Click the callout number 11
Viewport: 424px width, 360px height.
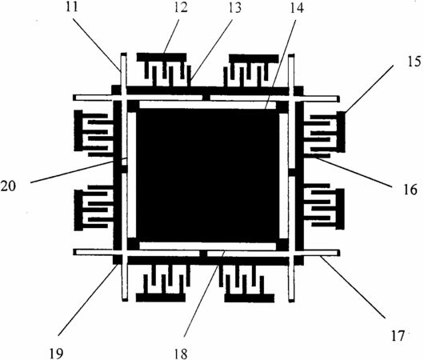pyautogui.click(x=72, y=6)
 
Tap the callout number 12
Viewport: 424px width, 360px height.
pyautogui.click(x=181, y=7)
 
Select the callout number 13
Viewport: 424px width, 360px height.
pyautogui.click(x=234, y=7)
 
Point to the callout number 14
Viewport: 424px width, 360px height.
pyautogui.click(x=297, y=8)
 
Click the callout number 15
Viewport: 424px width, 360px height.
pyautogui.click(x=414, y=62)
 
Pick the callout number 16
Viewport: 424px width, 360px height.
pyautogui.click(x=410, y=190)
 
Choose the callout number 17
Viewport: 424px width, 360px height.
pyautogui.click(x=398, y=336)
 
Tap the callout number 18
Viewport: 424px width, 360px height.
pyautogui.click(x=181, y=354)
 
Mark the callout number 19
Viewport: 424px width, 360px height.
pyautogui.click(x=56, y=354)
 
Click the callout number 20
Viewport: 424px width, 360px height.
pyautogui.click(x=8, y=186)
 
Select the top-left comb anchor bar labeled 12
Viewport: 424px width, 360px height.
pyautogui.click(x=162, y=57)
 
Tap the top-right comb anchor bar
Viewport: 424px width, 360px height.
pyautogui.click(x=254, y=58)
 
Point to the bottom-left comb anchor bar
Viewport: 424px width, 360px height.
pyautogui.click(x=161, y=298)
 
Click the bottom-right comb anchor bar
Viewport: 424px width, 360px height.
pyautogui.click(x=250, y=298)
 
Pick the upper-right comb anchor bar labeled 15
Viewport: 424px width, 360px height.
pyautogui.click(x=341, y=131)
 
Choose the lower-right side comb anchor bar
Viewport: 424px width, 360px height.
pyautogui.click(x=340, y=209)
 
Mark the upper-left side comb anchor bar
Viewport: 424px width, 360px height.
pyautogui.click(x=78, y=130)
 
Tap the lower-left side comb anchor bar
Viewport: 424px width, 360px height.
pyautogui.click(x=78, y=210)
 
